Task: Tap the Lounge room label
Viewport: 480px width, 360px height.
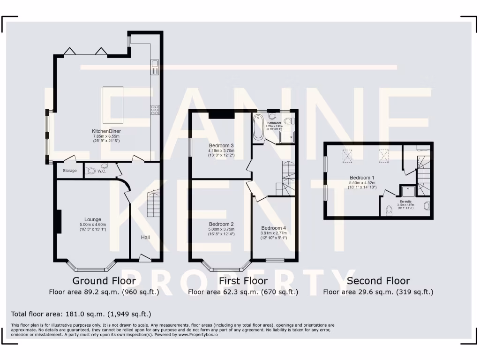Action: click(93, 219)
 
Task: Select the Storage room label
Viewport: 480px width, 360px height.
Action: click(70, 171)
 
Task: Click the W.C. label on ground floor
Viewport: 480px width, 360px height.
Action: click(102, 171)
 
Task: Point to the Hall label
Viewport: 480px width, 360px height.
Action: click(145, 238)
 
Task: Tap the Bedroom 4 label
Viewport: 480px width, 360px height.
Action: click(273, 228)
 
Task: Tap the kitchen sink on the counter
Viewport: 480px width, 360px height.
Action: click(155, 67)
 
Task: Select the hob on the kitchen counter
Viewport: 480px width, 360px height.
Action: click(155, 110)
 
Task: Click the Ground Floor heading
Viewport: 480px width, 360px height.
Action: click(104, 281)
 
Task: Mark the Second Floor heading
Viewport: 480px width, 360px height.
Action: click(378, 281)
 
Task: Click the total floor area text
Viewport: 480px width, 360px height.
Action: click(81, 314)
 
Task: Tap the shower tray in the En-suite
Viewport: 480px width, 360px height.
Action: click(405, 191)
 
